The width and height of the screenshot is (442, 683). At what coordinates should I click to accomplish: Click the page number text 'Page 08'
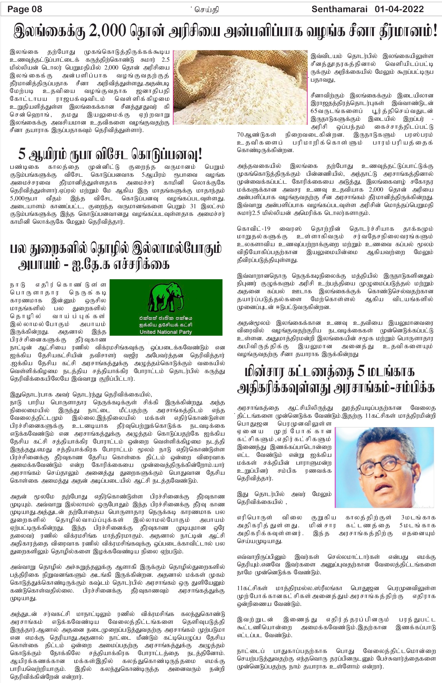[25, 9]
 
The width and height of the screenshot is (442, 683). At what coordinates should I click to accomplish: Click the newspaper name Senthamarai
[339, 9]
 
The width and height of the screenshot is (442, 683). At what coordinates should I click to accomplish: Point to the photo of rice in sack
[240, 87]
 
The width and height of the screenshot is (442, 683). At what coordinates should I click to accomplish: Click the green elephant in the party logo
[166, 298]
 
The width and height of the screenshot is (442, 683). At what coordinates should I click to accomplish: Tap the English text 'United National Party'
[166, 332]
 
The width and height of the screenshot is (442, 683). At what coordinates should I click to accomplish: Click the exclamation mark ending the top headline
[435, 32]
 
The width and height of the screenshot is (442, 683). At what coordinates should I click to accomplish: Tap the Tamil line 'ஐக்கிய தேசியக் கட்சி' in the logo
[166, 325]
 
